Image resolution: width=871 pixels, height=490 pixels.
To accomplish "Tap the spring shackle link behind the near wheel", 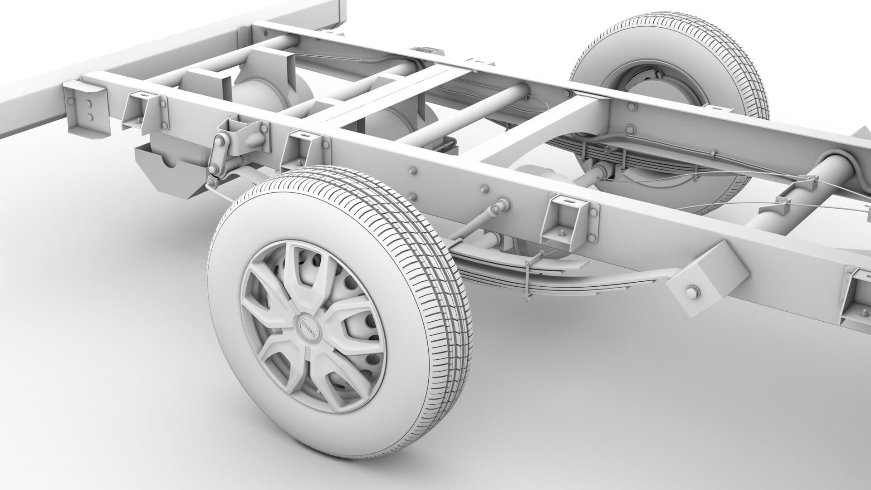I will (220, 154).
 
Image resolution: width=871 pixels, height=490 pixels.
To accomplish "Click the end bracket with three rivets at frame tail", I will (86, 107).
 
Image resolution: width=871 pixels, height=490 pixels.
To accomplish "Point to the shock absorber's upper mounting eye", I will (502, 206).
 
